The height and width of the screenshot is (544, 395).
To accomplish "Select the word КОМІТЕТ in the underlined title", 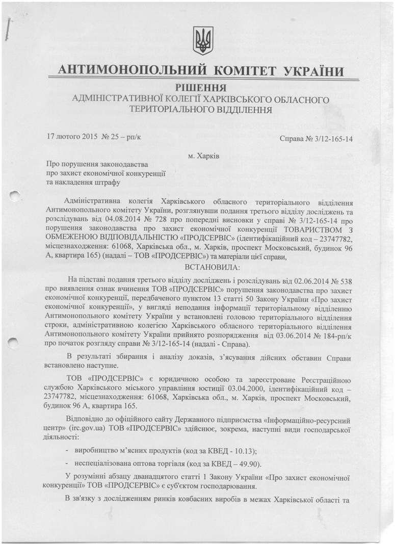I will coord(244,70).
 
